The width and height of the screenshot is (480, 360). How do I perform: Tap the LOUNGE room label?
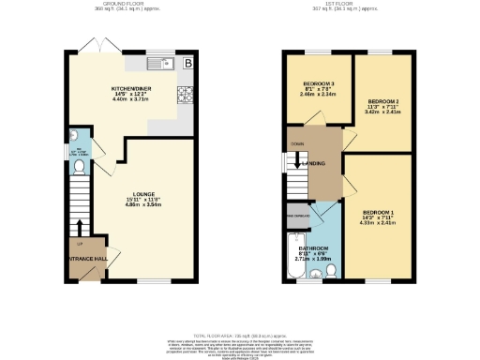coord(142,194)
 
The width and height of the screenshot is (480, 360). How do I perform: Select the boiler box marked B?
coord(188,63)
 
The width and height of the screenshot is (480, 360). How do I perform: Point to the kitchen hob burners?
coord(187,93)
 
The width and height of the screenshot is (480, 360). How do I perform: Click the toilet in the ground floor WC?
coord(80,167)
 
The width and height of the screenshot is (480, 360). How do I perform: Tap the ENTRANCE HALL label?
coord(87,257)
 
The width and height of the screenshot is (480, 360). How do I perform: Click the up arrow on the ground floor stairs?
coord(79,227)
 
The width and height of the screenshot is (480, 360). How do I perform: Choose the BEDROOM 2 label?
coord(383,100)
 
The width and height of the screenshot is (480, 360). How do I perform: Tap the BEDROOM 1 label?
coord(377,213)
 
